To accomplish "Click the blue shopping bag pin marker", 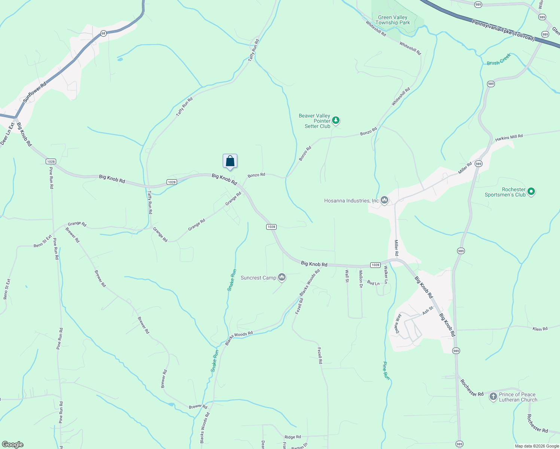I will (x=230, y=161).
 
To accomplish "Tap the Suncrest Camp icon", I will (x=282, y=278).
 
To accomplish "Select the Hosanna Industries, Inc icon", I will (x=384, y=201).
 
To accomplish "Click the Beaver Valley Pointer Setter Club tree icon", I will (x=336, y=120).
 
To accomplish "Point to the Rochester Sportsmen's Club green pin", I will (x=531, y=192).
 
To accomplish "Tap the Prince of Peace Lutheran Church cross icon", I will (x=493, y=397).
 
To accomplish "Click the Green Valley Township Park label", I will (x=393, y=20).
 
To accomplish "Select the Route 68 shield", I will (x=103, y=34).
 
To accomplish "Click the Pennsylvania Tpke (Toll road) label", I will (x=503, y=31).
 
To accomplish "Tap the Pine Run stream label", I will (x=386, y=371).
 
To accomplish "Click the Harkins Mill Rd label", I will (x=509, y=138).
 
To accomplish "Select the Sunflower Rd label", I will (x=34, y=92).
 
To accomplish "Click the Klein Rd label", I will (x=540, y=329).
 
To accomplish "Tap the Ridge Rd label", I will (x=292, y=437).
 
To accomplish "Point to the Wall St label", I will (x=347, y=276).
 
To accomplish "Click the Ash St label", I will (x=427, y=311).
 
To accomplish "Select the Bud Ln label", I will (x=373, y=283).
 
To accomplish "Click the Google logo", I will (x=13, y=445).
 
